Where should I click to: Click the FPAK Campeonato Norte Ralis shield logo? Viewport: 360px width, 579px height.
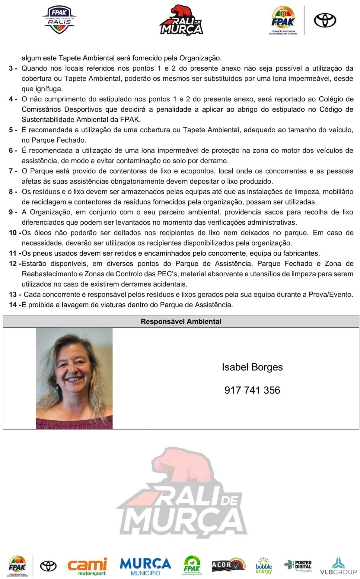click(x=59, y=20)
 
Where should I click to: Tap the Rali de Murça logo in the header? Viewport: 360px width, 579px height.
click(x=181, y=21)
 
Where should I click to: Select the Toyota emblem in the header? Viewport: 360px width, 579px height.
click(x=325, y=21)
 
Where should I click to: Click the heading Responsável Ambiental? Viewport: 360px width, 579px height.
click(x=181, y=321)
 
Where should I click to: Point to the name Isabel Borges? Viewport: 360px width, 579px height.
click(x=252, y=367)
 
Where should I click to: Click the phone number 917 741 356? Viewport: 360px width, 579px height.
click(x=252, y=390)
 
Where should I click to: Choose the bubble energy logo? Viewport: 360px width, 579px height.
click(x=264, y=566)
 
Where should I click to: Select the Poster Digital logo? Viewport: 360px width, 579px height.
click(x=298, y=566)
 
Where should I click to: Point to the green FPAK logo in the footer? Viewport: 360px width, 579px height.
click(x=192, y=566)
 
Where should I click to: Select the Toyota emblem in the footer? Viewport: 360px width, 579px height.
click(x=49, y=566)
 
